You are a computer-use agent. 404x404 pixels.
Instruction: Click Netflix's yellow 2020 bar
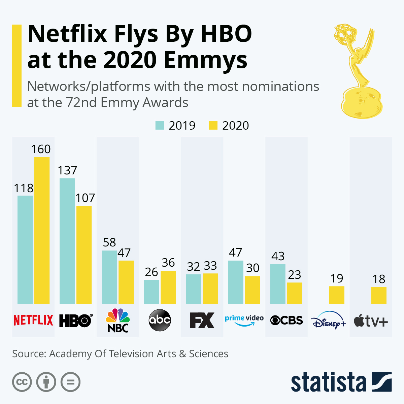click(x=42, y=230)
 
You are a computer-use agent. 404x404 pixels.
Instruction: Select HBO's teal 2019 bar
click(x=67, y=241)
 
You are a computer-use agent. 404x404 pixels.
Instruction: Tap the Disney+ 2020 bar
click(x=337, y=295)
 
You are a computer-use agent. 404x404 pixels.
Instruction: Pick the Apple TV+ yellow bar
click(x=379, y=295)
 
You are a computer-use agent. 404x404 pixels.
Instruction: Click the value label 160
click(x=41, y=149)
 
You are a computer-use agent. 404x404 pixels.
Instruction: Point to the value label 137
click(x=67, y=170)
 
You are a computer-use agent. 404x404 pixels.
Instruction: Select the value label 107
click(x=85, y=198)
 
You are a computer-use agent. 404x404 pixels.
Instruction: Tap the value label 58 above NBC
click(x=109, y=242)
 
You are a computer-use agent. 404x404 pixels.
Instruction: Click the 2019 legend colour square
click(x=160, y=125)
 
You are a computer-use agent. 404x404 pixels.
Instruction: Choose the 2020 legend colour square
click(x=213, y=125)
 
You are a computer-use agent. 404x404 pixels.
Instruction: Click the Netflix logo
click(x=33, y=320)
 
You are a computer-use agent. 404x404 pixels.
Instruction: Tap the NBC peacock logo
click(x=118, y=320)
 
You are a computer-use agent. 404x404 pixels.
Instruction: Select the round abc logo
click(x=160, y=320)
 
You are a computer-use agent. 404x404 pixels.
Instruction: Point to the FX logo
click(x=202, y=320)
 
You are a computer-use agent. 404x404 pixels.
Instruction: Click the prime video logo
click(x=244, y=320)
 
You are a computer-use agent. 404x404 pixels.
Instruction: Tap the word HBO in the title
click(x=226, y=34)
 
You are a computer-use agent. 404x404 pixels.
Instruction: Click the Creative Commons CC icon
click(x=22, y=382)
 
